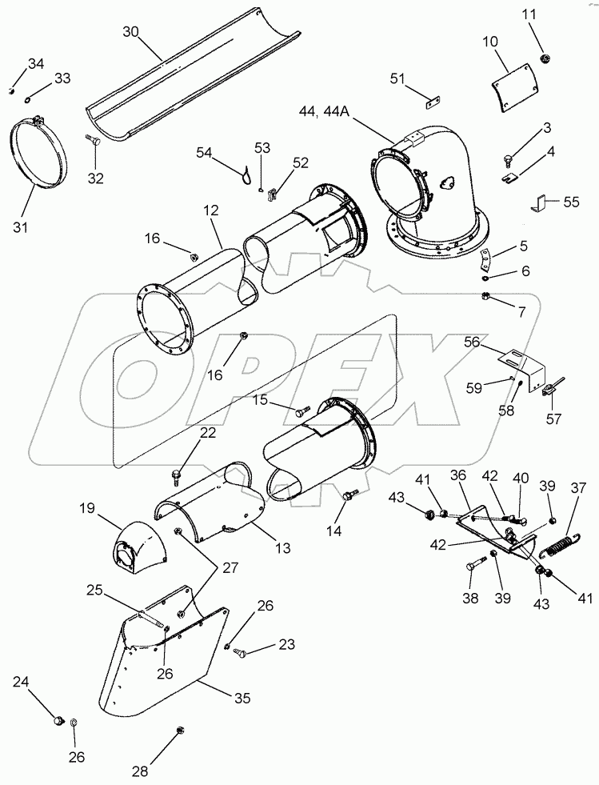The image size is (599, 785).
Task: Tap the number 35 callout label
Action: point(241,699)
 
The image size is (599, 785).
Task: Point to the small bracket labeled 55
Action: point(540,205)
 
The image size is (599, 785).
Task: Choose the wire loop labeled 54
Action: point(248,170)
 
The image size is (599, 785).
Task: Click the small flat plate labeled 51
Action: point(433,102)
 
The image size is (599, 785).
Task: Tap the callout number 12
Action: point(210,210)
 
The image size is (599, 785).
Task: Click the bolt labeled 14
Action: point(349,496)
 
